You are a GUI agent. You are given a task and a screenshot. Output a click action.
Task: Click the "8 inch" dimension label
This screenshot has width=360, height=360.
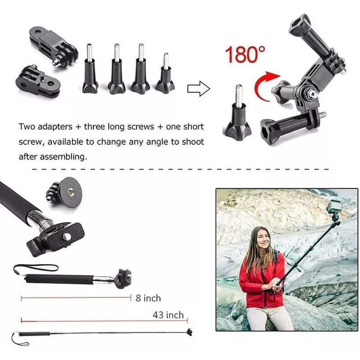(x=148, y=298)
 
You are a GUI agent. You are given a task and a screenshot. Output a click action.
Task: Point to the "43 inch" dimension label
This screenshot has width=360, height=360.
(x=168, y=315)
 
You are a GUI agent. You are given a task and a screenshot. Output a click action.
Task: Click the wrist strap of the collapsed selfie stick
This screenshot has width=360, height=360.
(x=35, y=267)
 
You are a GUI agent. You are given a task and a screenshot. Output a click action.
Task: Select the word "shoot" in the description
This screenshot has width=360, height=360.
(x=193, y=142)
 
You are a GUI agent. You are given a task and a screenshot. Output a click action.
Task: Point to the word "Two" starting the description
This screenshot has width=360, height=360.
(x=27, y=127)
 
